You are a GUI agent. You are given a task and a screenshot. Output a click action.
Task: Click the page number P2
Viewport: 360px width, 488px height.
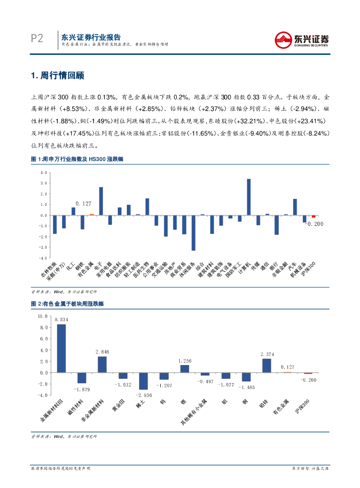pyautogui.click(x=37, y=39)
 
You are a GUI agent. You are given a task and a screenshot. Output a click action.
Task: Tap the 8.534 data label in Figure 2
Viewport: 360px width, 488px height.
pyautogui.click(x=62, y=319)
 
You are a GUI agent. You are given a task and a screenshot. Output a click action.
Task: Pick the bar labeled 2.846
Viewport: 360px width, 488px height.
pyautogui.click(x=102, y=365)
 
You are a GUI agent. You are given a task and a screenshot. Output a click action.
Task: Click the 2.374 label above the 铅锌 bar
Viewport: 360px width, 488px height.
pyautogui.click(x=267, y=354)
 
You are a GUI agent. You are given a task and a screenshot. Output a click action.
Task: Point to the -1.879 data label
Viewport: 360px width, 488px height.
pyautogui.click(x=82, y=389)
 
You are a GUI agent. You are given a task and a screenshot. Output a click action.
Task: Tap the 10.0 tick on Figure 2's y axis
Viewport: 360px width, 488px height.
pyautogui.click(x=42, y=316)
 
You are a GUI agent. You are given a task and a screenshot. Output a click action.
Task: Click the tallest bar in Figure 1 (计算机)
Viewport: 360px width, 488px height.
pyautogui.click(x=249, y=197)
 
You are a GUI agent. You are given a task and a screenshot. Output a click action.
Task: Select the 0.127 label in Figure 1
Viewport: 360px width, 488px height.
pyautogui.click(x=83, y=204)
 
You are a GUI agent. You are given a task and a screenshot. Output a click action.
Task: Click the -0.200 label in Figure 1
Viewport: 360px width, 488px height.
pyautogui.click(x=314, y=224)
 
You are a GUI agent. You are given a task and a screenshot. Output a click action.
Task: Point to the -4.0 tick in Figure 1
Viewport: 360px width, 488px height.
pyautogui.click(x=43, y=258)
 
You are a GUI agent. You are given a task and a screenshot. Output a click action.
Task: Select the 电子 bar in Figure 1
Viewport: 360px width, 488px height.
pyautogui.click(x=101, y=201)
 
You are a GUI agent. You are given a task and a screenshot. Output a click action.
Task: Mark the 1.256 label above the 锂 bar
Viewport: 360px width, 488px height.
pyautogui.click(x=185, y=361)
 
